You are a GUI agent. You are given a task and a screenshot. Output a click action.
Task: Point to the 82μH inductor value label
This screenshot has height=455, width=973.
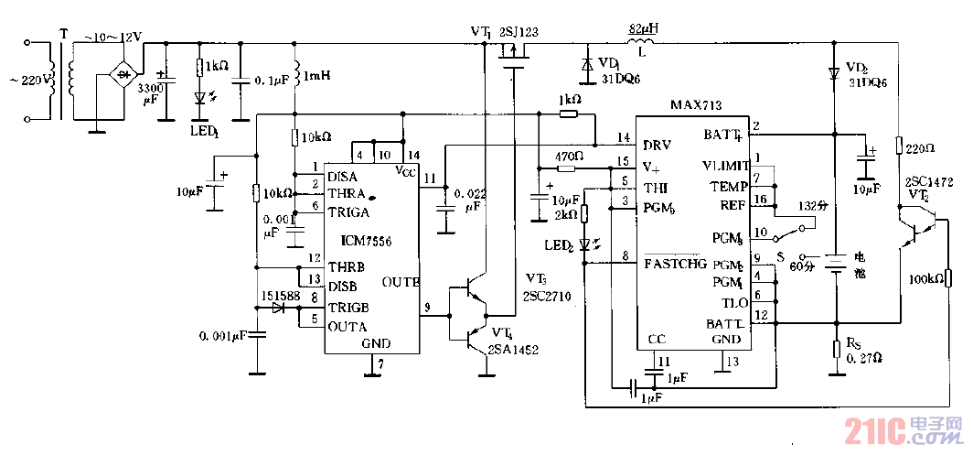pos(643,28)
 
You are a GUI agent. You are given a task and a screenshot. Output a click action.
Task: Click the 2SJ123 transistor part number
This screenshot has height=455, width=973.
pos(519,32)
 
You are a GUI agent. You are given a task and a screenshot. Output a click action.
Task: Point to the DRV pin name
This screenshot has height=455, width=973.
pos(658,145)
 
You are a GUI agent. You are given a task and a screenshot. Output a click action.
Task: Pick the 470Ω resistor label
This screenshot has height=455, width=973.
pos(569,157)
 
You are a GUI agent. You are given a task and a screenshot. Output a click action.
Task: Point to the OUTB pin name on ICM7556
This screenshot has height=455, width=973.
pos(400,280)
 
